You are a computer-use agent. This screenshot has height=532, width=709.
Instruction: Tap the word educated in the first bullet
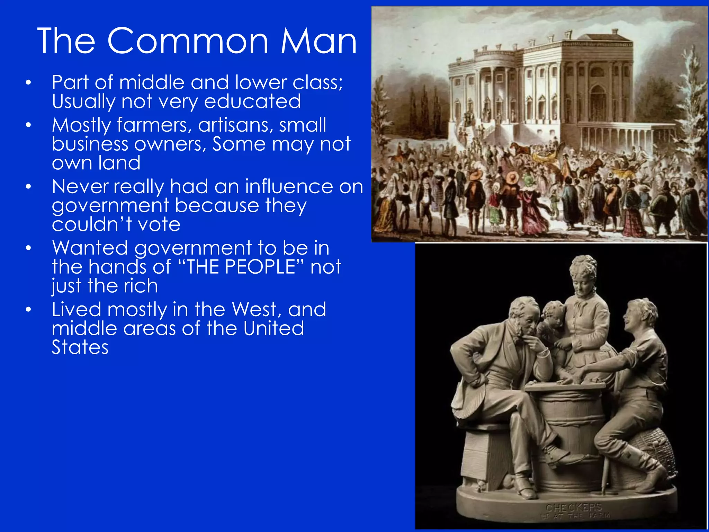pos(252,101)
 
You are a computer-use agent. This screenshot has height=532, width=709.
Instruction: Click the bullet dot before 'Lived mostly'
pos(28,309)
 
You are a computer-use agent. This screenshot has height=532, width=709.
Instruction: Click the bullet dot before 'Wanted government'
pos(28,248)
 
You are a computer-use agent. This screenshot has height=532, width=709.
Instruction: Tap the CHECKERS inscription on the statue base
pos(574,508)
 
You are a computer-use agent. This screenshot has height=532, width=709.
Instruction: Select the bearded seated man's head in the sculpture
pos(524,317)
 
